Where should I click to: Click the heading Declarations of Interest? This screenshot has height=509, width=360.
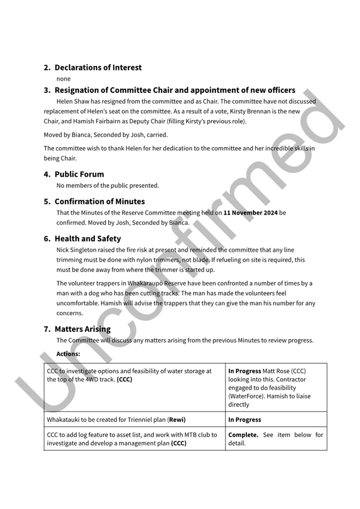98,68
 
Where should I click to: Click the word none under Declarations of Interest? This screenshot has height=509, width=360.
63,79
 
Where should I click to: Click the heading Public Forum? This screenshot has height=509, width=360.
79,174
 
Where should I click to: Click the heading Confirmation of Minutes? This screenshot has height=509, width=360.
99,202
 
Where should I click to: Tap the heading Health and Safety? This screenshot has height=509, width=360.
87,239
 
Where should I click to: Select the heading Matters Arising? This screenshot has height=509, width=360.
83,329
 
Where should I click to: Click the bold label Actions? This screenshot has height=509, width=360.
68,354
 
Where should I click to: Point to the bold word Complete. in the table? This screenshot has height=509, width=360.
243,435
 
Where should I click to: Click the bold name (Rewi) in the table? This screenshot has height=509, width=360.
177,420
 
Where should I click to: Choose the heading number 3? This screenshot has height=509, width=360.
47,91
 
